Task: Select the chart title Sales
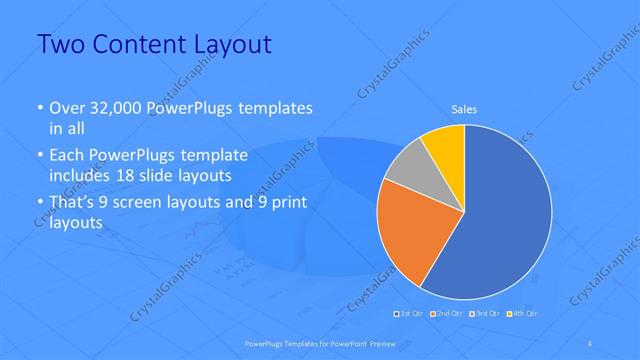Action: tap(464, 109)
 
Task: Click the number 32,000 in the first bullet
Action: tap(117, 107)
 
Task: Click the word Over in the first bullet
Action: tap(66, 107)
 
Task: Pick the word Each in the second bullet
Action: tap(66, 155)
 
